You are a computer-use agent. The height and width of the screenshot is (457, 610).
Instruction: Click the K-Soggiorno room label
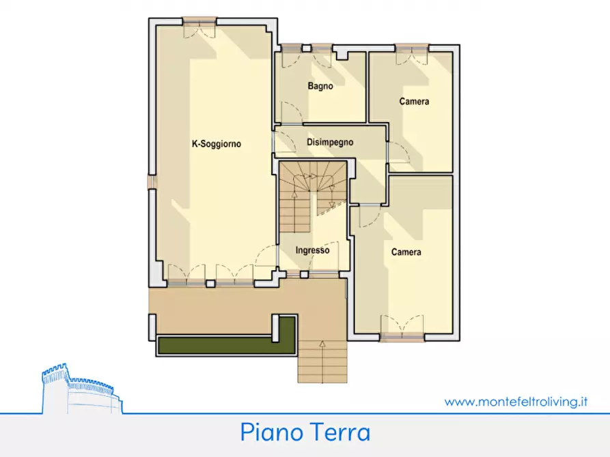click(217, 144)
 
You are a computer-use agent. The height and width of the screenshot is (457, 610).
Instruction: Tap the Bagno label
click(320, 87)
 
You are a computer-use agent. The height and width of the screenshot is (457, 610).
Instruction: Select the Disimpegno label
click(329, 143)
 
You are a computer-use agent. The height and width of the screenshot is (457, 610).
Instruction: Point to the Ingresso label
click(312, 250)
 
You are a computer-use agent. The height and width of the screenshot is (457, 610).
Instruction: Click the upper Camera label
click(414, 102)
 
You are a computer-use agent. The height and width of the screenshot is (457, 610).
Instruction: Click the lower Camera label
click(406, 252)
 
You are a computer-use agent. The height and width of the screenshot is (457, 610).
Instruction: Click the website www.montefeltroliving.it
click(516, 402)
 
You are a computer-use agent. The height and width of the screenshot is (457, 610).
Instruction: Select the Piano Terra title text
click(305, 432)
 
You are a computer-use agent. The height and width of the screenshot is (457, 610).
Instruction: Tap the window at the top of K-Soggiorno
click(199, 21)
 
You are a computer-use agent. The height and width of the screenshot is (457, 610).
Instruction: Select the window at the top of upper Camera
click(412, 48)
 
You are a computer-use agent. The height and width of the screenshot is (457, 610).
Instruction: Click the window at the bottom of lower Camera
click(402, 336)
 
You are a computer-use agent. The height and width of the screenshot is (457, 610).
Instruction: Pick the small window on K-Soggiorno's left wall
click(152, 182)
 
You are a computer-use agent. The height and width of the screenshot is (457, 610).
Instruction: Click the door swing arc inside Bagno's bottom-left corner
click(290, 113)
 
